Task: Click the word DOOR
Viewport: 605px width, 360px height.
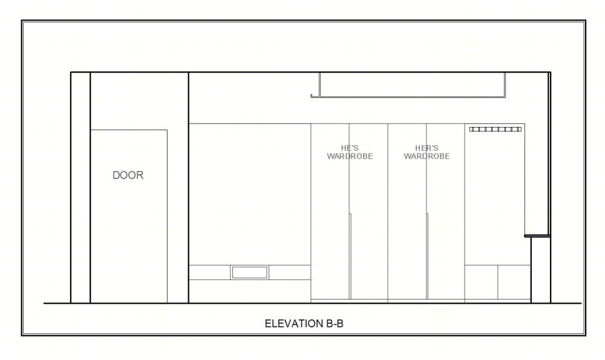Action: pyautogui.click(x=128, y=175)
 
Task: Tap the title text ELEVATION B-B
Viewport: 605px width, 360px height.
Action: pyautogui.click(x=304, y=323)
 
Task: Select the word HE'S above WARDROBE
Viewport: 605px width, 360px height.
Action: pyautogui.click(x=350, y=148)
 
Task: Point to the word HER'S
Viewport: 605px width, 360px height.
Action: pyautogui.click(x=427, y=148)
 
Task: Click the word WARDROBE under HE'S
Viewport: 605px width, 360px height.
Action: pyautogui.click(x=350, y=156)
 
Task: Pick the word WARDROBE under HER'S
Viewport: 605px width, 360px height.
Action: pyautogui.click(x=427, y=156)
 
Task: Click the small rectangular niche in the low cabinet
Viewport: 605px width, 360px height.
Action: pyautogui.click(x=249, y=272)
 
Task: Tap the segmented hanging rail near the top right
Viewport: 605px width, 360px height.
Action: pyautogui.click(x=495, y=129)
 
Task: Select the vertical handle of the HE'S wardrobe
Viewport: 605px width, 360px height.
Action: pyautogui.click(x=350, y=256)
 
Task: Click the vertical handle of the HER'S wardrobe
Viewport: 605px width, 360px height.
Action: pyautogui.click(x=427, y=256)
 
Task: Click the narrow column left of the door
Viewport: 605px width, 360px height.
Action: pyautogui.click(x=80, y=188)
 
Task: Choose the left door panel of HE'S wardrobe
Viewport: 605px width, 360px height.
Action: pyautogui.click(x=330, y=211)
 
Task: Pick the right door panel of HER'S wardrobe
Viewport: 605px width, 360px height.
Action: pyautogui.click(x=446, y=211)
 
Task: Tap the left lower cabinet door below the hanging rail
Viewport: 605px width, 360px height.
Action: pyautogui.click(x=481, y=282)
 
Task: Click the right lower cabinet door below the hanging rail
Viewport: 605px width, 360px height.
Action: pyautogui.click(x=514, y=282)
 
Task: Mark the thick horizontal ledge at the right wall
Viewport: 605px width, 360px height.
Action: pyautogui.click(x=537, y=236)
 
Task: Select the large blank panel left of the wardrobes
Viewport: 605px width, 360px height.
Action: pyautogui.click(x=250, y=194)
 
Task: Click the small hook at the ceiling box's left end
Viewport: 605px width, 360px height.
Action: pyautogui.click(x=313, y=96)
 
